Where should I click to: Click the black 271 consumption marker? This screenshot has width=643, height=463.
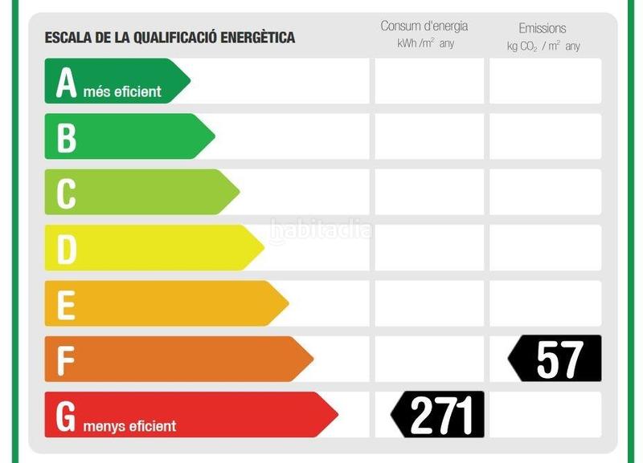pos(439,415)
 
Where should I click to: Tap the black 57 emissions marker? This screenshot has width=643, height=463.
pos(556,359)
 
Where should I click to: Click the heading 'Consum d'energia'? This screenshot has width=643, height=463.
pos(424,26)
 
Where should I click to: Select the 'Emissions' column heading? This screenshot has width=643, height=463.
pos(543,28)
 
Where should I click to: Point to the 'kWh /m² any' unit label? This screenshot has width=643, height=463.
pos(425,43)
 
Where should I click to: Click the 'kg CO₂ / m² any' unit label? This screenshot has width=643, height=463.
pos(543,46)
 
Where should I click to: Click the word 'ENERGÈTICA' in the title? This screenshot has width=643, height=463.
pos(258,37)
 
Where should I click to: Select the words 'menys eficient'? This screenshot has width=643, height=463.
pos(129,425)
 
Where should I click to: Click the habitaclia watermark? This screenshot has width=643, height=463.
pos(321,231)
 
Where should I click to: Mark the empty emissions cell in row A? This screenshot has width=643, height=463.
pos(545,81)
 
